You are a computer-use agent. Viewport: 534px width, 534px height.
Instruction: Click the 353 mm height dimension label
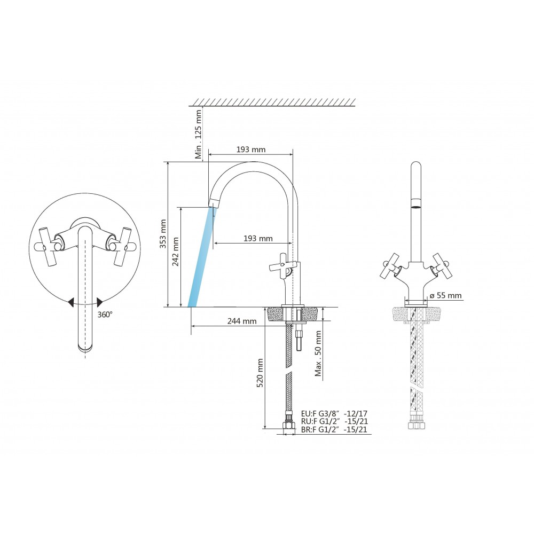pos(163,234)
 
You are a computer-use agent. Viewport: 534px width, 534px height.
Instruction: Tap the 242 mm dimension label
pos(176,252)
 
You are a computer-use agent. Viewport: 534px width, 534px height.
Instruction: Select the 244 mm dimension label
pos(242,321)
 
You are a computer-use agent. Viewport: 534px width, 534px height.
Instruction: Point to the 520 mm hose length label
pos(260,373)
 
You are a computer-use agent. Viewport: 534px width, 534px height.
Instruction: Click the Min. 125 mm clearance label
pos(198,134)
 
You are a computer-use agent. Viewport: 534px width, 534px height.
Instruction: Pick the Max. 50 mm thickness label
pos(318,354)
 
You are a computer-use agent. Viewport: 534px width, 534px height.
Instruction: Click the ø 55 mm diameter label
pos(445,295)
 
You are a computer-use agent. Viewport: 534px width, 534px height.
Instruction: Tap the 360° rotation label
pos(105,315)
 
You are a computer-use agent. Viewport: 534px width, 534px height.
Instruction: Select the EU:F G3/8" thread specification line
pos(334,413)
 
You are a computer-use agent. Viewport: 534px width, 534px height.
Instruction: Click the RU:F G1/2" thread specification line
pos(334,421)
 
